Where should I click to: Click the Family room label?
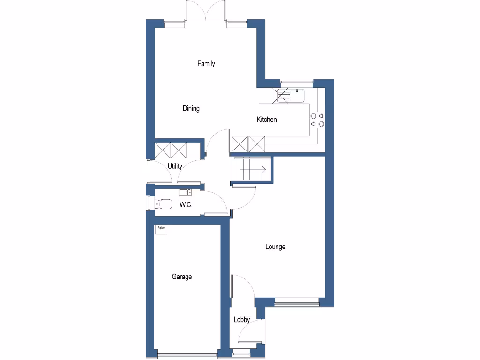click(206, 64)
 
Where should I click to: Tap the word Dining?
click(191, 109)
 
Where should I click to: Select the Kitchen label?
click(267, 120)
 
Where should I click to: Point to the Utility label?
click(175, 166)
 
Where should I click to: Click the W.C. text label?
click(186, 205)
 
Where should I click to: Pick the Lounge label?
click(275, 247)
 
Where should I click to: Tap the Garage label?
click(181, 277)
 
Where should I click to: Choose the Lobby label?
click(242, 320)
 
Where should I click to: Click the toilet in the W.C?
click(163, 204)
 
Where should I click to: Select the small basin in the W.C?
click(185, 192)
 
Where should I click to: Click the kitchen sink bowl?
click(297, 96)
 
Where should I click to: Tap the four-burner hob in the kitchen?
click(317, 120)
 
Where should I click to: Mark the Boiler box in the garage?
click(162, 228)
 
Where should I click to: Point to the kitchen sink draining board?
click(283, 96)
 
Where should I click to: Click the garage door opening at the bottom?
click(187, 354)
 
